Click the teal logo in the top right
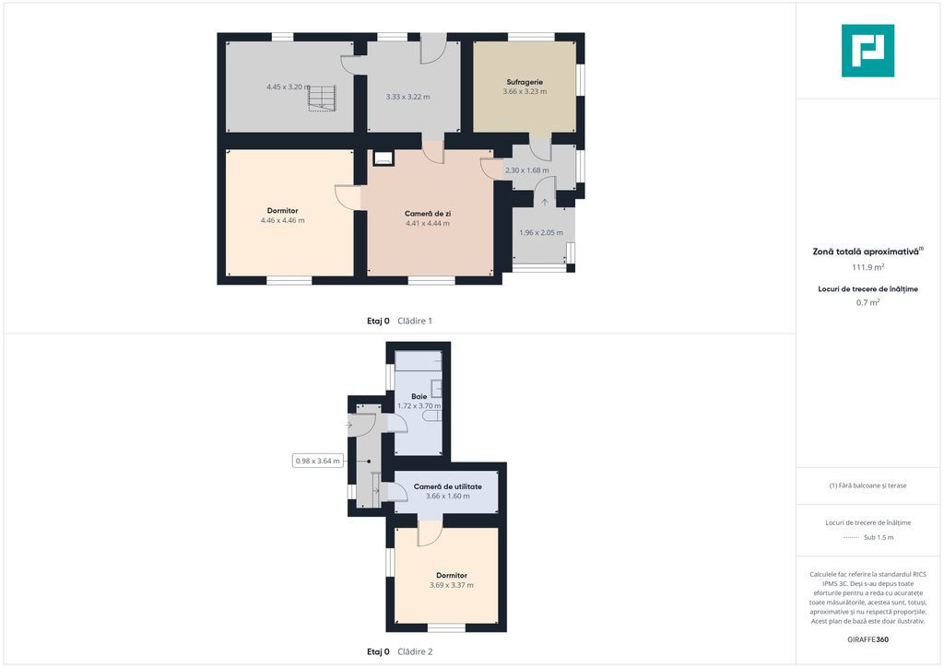(867, 51)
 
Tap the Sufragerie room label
(525, 82)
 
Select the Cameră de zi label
(428, 214)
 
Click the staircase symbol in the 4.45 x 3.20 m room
(322, 98)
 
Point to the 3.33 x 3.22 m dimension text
(407, 96)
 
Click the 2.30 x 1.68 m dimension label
(526, 170)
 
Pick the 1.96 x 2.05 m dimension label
(541, 232)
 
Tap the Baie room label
(419, 396)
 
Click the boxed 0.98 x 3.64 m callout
(318, 461)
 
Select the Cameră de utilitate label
(447, 486)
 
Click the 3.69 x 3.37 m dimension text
(452, 585)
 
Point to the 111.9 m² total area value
(867, 267)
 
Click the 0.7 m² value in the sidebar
(867, 302)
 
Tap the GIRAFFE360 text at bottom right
(867, 639)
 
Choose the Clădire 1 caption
(415, 321)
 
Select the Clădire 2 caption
(415, 651)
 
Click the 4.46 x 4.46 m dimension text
(282, 220)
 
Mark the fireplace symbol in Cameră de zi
(383, 158)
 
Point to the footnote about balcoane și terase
(867, 486)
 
